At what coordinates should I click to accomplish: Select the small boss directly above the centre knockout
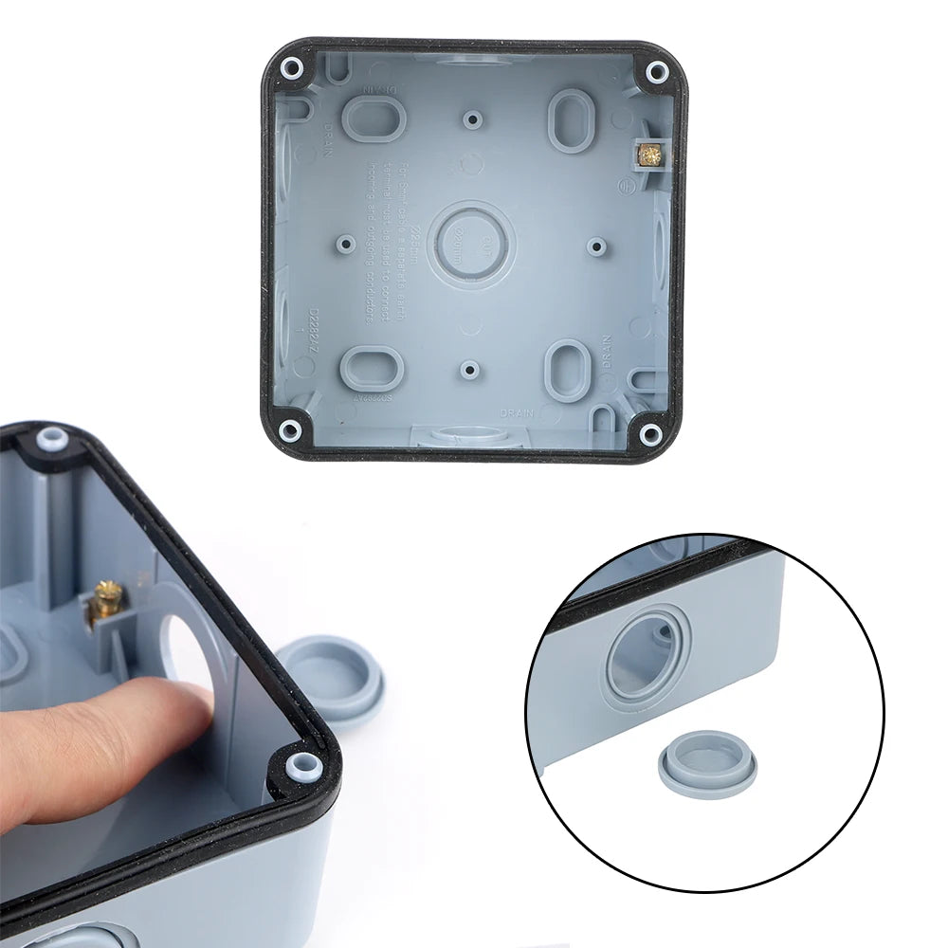472,119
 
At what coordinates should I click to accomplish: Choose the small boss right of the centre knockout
595,245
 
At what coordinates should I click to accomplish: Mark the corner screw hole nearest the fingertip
301,763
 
